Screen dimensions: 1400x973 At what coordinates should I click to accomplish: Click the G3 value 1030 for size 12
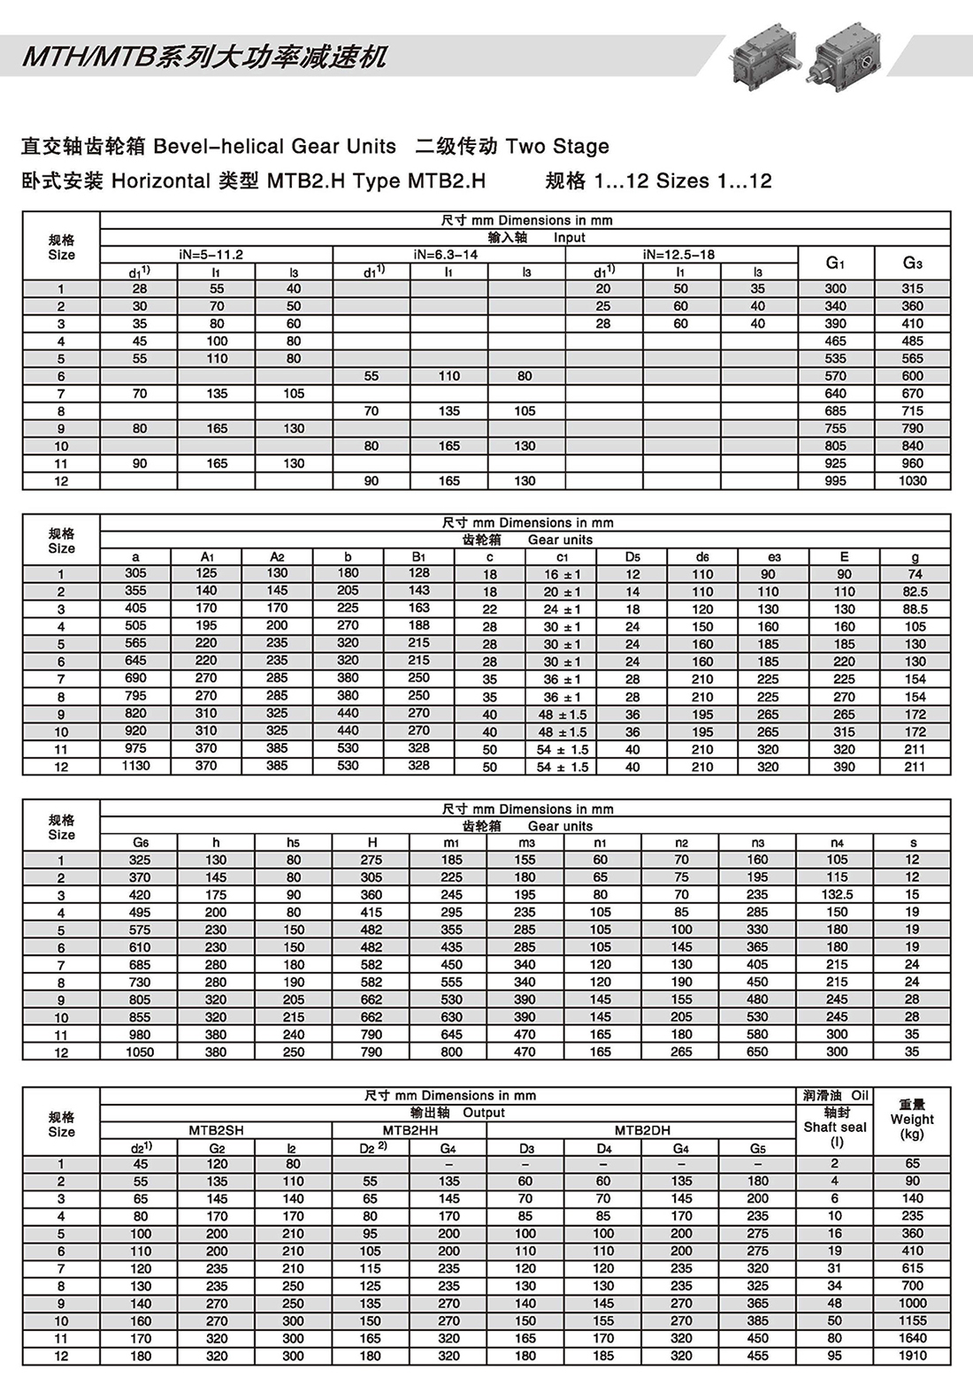pyautogui.click(x=912, y=481)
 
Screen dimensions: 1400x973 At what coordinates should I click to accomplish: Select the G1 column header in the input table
pyautogui.click(x=835, y=263)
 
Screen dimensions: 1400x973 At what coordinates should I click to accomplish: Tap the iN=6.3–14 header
pyautogui.click(x=448, y=255)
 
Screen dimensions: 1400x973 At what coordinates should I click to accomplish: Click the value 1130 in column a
pyautogui.click(x=135, y=766)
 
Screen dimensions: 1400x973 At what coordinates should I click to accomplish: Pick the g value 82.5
pyautogui.click(x=915, y=592)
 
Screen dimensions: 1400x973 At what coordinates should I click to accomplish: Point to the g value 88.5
pyautogui.click(x=915, y=609)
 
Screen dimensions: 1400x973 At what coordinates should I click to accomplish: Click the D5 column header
pyautogui.click(x=632, y=557)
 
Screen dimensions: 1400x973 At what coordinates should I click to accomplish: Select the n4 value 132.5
pyautogui.click(x=837, y=895)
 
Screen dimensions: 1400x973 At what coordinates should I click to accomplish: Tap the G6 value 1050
pyautogui.click(x=140, y=1052)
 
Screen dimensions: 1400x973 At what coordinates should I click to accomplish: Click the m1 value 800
pyautogui.click(x=451, y=1052)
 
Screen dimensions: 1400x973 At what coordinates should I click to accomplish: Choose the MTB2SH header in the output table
pyautogui.click(x=216, y=1130)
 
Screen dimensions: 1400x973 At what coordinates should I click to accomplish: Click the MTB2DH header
pyautogui.click(x=642, y=1130)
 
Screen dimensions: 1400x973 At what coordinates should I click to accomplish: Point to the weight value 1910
pyautogui.click(x=912, y=1356)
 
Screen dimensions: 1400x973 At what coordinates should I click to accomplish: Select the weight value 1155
pyautogui.click(x=912, y=1320)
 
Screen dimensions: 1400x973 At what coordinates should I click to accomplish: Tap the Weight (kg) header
pyautogui.click(x=912, y=1119)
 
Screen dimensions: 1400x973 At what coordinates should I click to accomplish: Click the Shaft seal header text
pyautogui.click(x=835, y=1127)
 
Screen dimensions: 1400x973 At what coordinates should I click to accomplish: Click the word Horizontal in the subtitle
pyautogui.click(x=160, y=181)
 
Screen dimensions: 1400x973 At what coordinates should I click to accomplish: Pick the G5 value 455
pyautogui.click(x=758, y=1356)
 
